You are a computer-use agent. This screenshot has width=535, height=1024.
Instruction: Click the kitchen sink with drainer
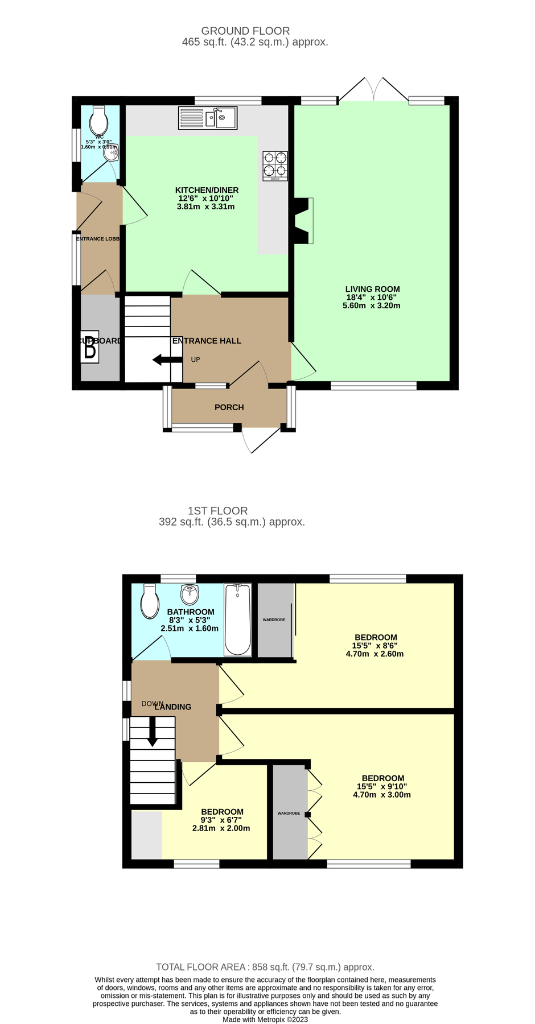point(207,118)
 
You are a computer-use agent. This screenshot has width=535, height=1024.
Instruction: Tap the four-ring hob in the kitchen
point(275,166)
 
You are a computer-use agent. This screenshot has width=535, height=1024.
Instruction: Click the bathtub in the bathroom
point(237,620)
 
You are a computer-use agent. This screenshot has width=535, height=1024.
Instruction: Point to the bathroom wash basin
point(190,594)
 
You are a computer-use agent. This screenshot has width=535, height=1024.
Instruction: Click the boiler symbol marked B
point(90,346)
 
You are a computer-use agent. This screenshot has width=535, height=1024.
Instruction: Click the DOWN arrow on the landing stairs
point(152,732)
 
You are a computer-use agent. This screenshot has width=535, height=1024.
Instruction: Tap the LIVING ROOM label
point(372,289)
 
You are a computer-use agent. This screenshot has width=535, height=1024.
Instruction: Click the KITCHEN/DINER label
point(207,190)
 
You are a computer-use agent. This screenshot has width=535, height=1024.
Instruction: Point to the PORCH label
point(229,407)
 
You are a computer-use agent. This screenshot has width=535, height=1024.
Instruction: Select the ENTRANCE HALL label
point(207,341)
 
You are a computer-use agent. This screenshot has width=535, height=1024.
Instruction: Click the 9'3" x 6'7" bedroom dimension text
point(221,820)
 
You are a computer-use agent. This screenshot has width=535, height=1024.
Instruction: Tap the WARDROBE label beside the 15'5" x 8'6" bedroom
point(274,620)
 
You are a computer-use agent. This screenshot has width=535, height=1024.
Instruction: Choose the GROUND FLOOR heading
point(245,31)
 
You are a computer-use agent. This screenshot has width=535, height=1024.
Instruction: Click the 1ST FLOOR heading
point(217,511)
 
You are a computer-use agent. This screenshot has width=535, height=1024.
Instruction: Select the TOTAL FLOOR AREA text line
point(265,967)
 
